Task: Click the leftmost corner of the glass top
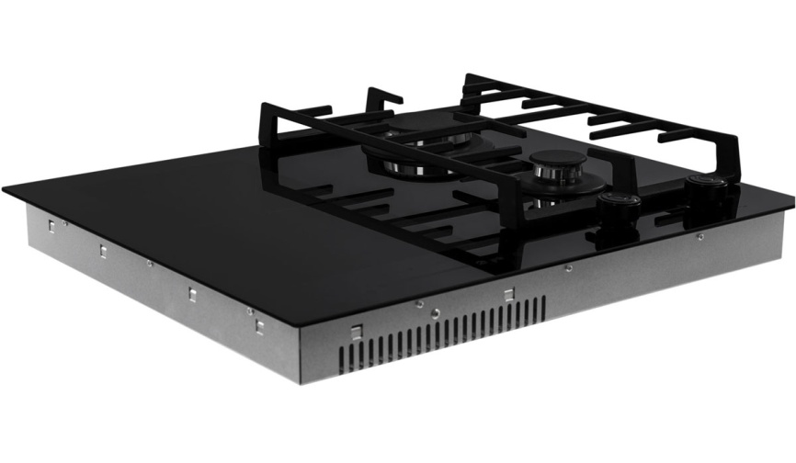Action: click(x=6, y=191)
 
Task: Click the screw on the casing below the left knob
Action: click(x=569, y=269)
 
